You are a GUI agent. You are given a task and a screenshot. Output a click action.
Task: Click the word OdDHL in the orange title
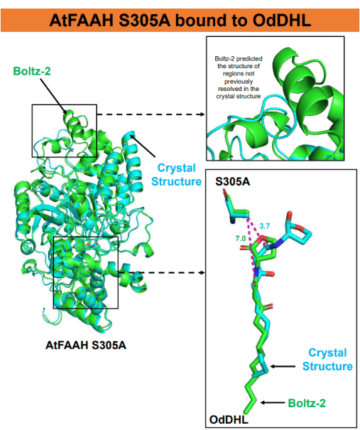click(x=282, y=20)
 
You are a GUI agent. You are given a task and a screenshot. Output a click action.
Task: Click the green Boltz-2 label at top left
click(x=32, y=71)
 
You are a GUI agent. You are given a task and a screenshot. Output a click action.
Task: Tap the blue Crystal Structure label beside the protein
click(x=176, y=175)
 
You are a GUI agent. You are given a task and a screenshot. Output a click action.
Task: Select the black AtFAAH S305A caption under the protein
click(x=86, y=345)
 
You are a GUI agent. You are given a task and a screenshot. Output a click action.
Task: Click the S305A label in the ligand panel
click(x=233, y=181)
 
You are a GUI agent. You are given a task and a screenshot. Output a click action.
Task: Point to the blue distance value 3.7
click(x=265, y=226)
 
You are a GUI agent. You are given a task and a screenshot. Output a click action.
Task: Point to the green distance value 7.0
click(x=241, y=239)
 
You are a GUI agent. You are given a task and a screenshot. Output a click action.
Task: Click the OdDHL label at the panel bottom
click(x=229, y=419)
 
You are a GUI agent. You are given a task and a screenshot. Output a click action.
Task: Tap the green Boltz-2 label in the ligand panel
click(x=307, y=403)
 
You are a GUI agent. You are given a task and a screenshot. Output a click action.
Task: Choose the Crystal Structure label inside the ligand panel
click(x=327, y=359)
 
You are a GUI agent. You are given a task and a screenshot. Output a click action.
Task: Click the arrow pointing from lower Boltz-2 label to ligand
click(x=273, y=402)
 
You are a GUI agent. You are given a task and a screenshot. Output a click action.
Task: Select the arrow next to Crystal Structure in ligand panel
click(x=283, y=366)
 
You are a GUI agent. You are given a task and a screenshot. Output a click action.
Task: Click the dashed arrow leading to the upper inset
click(x=151, y=114)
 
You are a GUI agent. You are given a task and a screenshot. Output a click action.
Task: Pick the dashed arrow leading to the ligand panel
click(x=162, y=273)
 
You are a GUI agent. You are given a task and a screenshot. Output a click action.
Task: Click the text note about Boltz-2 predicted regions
click(x=239, y=77)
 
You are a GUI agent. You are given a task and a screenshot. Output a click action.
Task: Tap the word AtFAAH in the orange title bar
click(x=82, y=20)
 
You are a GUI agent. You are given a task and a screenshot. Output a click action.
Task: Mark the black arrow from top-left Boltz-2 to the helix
click(x=53, y=96)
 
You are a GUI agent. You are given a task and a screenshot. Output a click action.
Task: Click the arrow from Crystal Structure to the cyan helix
click(x=143, y=145)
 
